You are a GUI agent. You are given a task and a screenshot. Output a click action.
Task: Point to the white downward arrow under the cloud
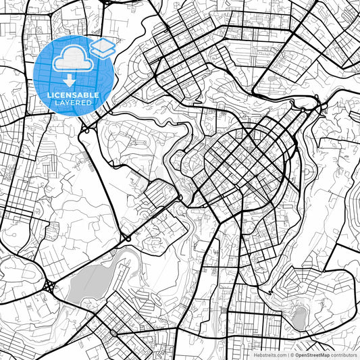click(x=70, y=81)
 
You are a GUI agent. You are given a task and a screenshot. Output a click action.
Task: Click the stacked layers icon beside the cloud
click(x=102, y=47)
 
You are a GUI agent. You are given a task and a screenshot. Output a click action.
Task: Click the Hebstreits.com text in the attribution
click(x=269, y=354)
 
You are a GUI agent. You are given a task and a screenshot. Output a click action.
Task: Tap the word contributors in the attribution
click(x=344, y=354)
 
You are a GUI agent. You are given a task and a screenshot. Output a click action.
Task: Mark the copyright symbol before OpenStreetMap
click(x=292, y=354)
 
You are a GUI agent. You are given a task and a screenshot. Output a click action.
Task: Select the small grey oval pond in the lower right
click(x=297, y=316)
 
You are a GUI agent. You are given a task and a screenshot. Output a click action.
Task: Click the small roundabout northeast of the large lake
click(x=126, y=239)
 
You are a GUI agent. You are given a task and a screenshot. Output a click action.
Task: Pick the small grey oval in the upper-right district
click(x=273, y=78)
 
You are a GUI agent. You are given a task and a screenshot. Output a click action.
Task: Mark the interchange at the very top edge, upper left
click(x=107, y=3)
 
